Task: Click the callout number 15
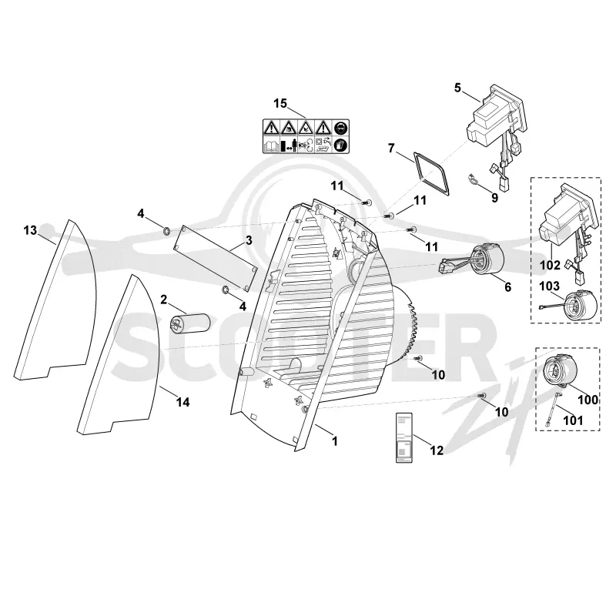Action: [280, 104]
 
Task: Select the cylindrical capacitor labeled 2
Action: [189, 323]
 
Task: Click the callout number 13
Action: [30, 230]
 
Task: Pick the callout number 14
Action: [183, 402]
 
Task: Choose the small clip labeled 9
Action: [474, 179]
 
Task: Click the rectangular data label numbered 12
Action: [403, 437]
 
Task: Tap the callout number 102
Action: [550, 265]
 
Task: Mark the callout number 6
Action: [508, 287]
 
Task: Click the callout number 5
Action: [457, 88]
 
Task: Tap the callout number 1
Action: [335, 441]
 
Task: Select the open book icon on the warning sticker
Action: [271, 146]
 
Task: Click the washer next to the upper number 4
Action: [166, 229]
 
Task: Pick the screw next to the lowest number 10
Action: [483, 396]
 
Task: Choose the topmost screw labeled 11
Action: [367, 203]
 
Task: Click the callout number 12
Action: [437, 450]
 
